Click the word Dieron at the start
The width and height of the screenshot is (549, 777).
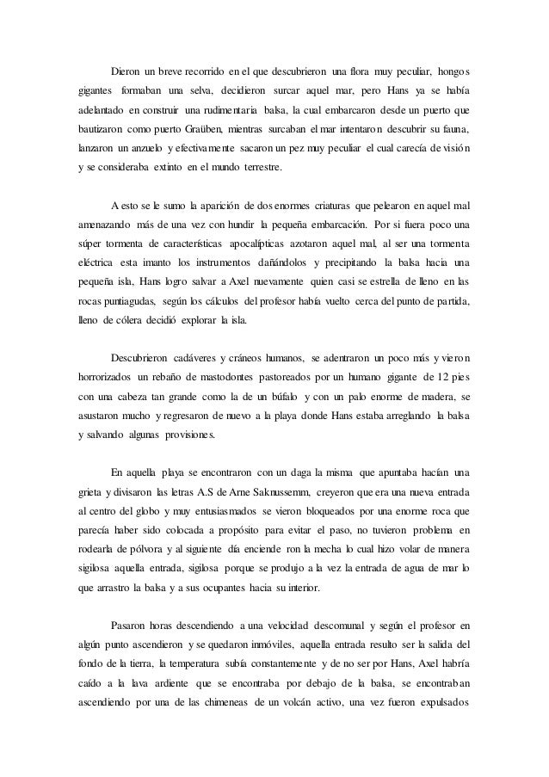click(x=126, y=71)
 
